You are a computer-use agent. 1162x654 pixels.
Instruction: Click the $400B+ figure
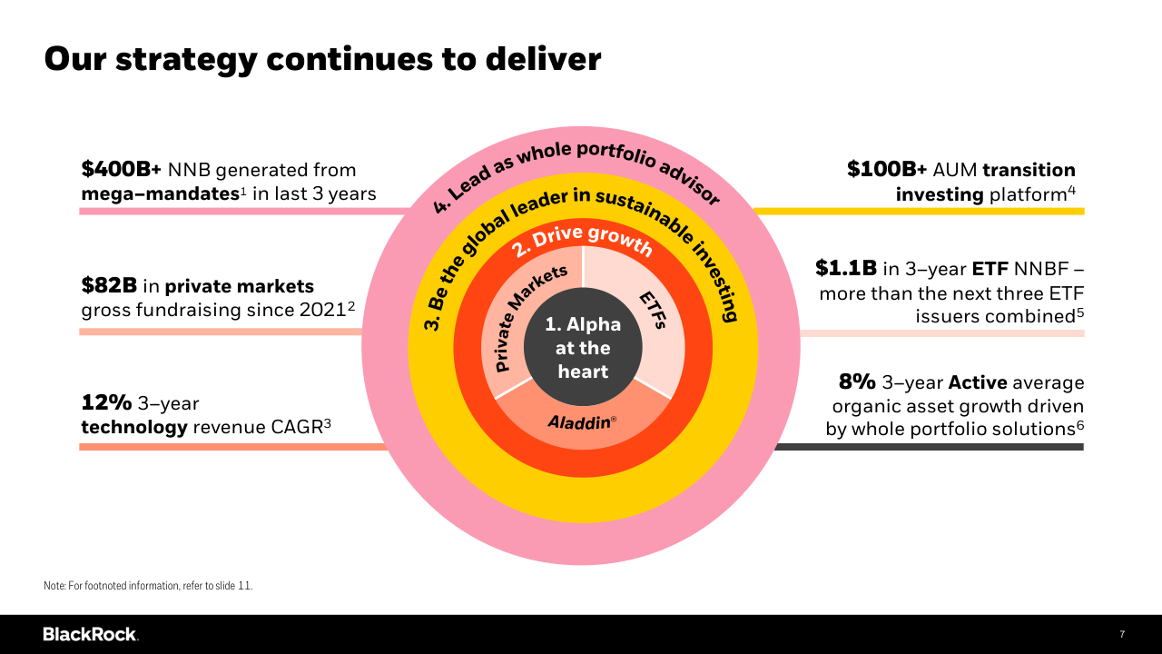pos(121,170)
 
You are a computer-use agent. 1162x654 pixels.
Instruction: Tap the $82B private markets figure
pos(108,286)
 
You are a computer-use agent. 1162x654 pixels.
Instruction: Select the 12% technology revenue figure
pos(106,402)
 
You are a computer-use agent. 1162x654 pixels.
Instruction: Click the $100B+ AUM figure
pos(886,170)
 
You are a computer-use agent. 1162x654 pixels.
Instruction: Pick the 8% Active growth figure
pos(856,382)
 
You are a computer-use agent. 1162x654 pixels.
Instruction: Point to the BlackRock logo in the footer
pos(90,634)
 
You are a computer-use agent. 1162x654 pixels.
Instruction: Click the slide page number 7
pos(1122,634)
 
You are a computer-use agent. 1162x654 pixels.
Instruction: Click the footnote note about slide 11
pos(148,586)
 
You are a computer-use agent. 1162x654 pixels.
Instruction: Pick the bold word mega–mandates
pos(159,194)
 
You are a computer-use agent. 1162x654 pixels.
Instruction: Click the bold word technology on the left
pos(134,427)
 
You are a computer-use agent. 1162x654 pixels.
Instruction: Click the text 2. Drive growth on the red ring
pos(582,241)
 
